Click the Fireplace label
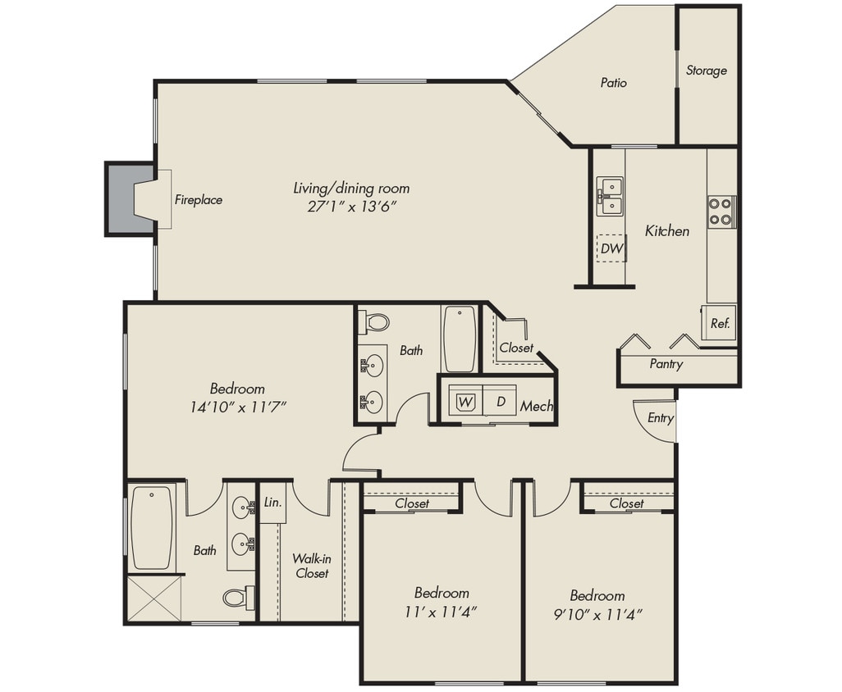tap(198, 199)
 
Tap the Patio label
tap(613, 83)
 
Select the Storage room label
tap(706, 71)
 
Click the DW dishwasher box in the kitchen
tap(611, 248)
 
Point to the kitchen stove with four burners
tap(721, 212)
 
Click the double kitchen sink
tap(609, 197)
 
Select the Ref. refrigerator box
tap(719, 322)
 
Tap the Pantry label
tap(666, 364)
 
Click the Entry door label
tap(660, 417)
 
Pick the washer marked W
tap(465, 402)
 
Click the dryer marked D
tap(499, 402)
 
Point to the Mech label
tap(537, 406)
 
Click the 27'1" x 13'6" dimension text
tap(352, 207)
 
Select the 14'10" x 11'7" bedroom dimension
tap(237, 406)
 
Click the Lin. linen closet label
tap(272, 503)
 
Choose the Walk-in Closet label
tap(312, 566)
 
